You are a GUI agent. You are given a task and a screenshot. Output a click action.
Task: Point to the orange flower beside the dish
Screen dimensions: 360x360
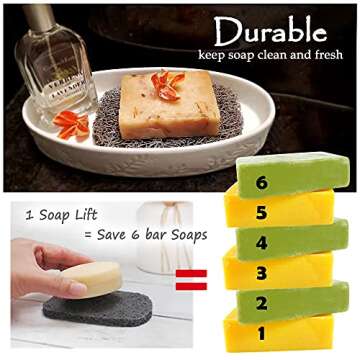[x=72, y=125]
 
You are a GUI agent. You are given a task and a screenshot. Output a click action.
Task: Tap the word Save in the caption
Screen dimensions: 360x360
[x=110, y=236]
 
